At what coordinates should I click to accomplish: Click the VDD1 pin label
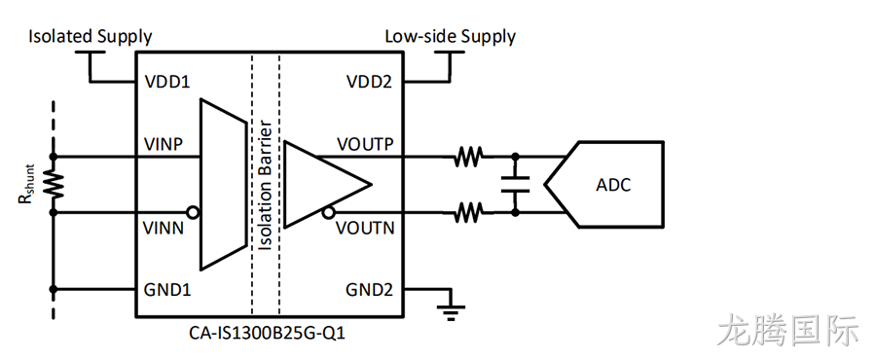pyautogui.click(x=167, y=82)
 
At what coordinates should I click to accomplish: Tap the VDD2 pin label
pyautogui.click(x=369, y=82)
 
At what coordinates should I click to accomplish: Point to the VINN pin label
pyautogui.click(x=164, y=228)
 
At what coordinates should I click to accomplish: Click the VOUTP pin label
pyautogui.click(x=365, y=145)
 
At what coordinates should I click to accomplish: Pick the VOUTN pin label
pyautogui.click(x=365, y=228)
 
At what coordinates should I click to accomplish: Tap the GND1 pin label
pyautogui.click(x=167, y=290)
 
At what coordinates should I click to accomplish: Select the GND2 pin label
pyautogui.click(x=369, y=290)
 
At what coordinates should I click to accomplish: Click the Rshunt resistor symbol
pyautogui.click(x=55, y=185)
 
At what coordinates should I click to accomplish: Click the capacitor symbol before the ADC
pyautogui.click(x=515, y=185)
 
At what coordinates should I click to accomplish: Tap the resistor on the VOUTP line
pyautogui.click(x=468, y=157)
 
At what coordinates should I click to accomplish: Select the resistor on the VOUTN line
pyautogui.click(x=468, y=213)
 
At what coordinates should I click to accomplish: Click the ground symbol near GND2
pyautogui.click(x=450, y=311)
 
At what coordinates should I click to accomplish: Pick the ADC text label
pyautogui.click(x=612, y=185)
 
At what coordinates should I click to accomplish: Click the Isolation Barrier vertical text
pyautogui.click(x=266, y=185)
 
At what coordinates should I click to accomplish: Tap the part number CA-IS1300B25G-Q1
pyautogui.click(x=268, y=334)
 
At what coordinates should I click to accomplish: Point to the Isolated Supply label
pyautogui.click(x=90, y=37)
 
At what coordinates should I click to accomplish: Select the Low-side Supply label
pyautogui.click(x=451, y=37)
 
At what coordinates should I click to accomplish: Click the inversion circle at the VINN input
pyautogui.click(x=194, y=213)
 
